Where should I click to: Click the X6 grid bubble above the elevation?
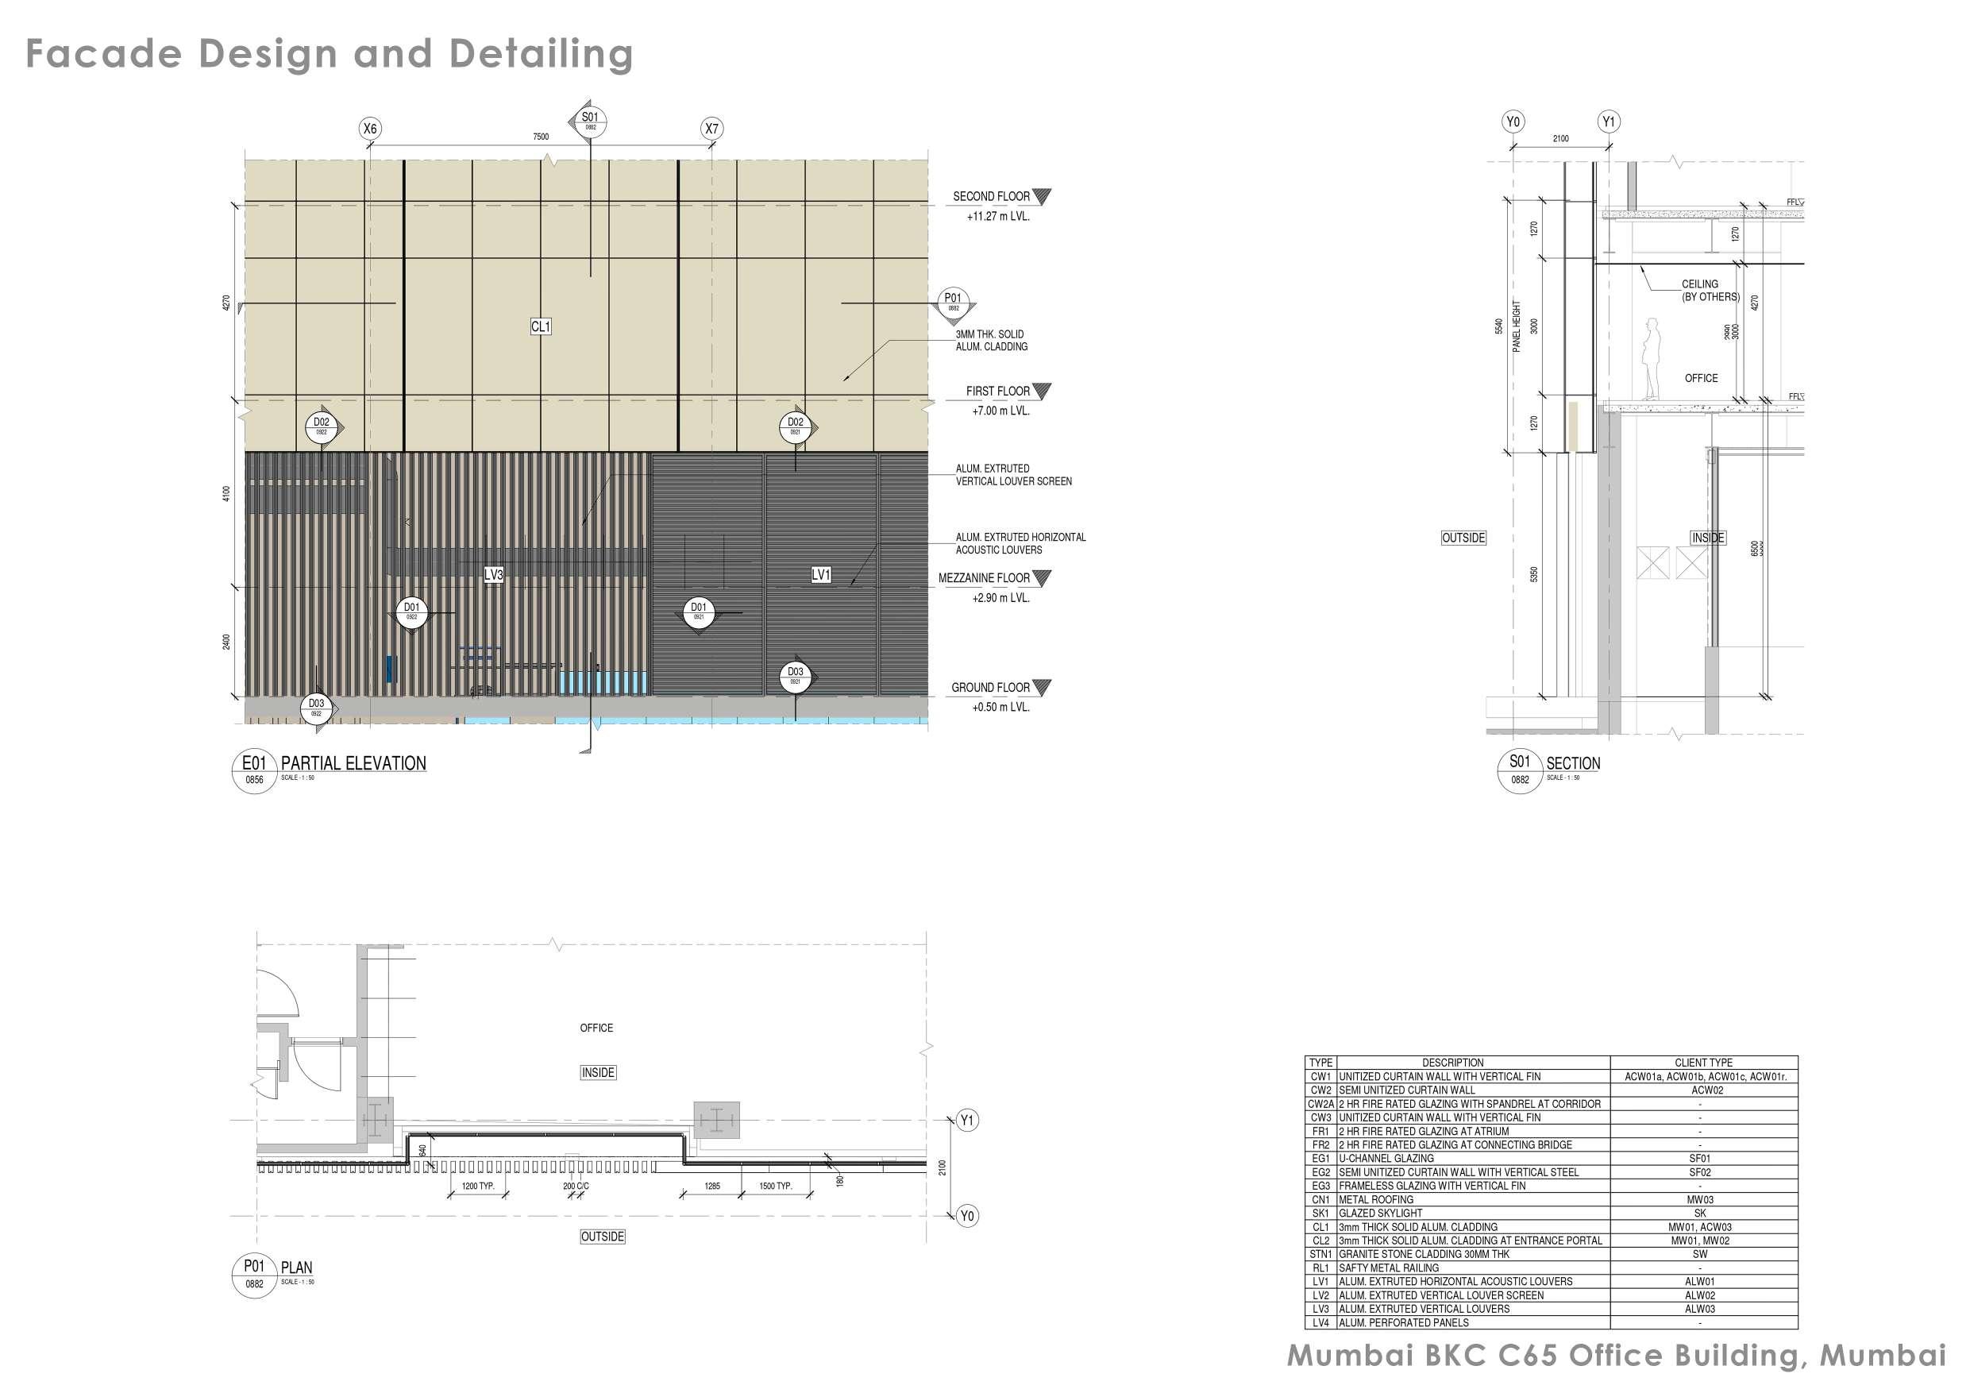click(370, 129)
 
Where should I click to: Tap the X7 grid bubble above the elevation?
click(711, 129)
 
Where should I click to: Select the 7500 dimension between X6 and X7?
click(541, 137)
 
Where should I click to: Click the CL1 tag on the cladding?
click(541, 326)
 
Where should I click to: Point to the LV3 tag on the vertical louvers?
click(493, 574)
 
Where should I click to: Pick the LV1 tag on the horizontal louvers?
click(821, 574)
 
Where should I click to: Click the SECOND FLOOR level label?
click(991, 196)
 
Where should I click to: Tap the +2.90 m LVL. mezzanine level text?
click(1000, 598)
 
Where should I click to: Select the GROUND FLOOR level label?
click(990, 688)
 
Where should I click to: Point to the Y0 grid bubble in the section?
click(1513, 122)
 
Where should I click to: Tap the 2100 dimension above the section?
click(1561, 138)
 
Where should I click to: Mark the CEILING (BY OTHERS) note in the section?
click(1710, 290)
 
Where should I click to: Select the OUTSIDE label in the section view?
click(1463, 538)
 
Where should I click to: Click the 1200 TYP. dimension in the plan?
click(478, 1187)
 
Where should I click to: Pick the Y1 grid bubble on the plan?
click(967, 1120)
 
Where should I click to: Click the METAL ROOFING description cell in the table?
click(1376, 1200)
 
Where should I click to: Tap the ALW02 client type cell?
click(1700, 1295)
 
